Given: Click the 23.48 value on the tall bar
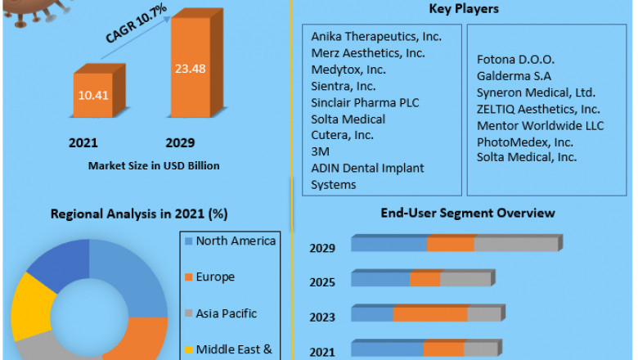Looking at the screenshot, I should tap(189, 69).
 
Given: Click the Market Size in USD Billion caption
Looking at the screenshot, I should tap(154, 166).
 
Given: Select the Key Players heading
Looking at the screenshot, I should tap(464, 9).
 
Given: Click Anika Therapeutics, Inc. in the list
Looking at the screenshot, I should tap(376, 37).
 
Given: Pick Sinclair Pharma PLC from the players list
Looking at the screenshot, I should tap(363, 102).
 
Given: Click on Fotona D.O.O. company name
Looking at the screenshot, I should tap(515, 60).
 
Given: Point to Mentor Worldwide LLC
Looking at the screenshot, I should tap(540, 125).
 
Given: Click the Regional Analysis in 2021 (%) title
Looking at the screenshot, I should tap(139, 214).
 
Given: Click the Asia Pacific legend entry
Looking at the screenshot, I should tap(226, 313).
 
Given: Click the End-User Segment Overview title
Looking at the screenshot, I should tap(467, 213).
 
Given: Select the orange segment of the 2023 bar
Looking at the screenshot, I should tap(429, 314).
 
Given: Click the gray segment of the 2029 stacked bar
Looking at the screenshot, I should tap(515, 244).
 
